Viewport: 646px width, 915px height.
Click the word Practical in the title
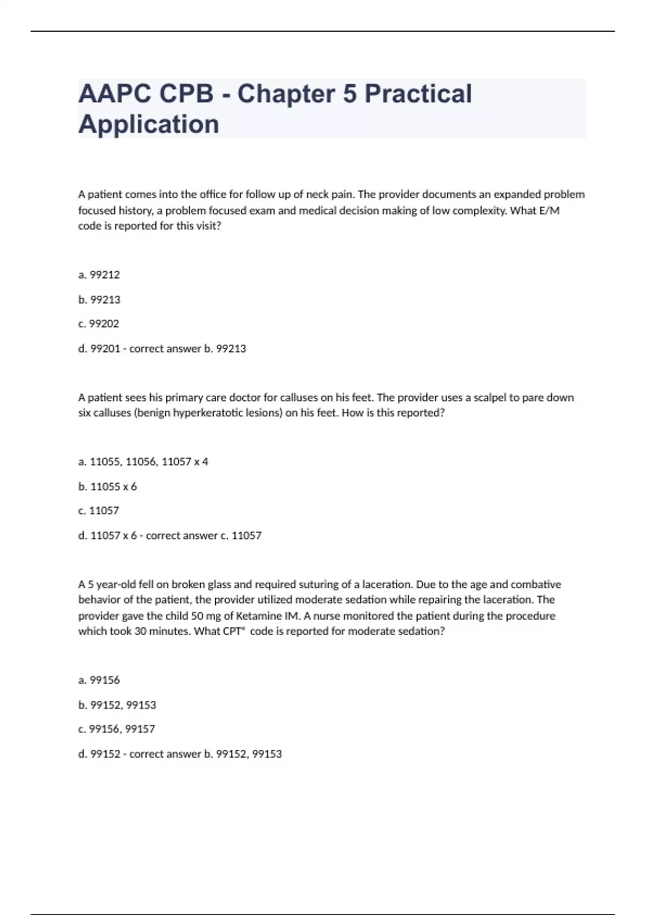[418, 94]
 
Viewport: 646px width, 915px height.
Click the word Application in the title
[149, 124]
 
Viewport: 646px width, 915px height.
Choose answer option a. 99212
[99, 275]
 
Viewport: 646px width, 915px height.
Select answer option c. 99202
[99, 324]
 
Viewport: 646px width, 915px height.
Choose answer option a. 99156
[99, 680]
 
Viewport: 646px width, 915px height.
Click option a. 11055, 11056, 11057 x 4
[143, 462]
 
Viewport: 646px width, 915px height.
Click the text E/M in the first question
[549, 210]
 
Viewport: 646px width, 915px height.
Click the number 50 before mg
[197, 616]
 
